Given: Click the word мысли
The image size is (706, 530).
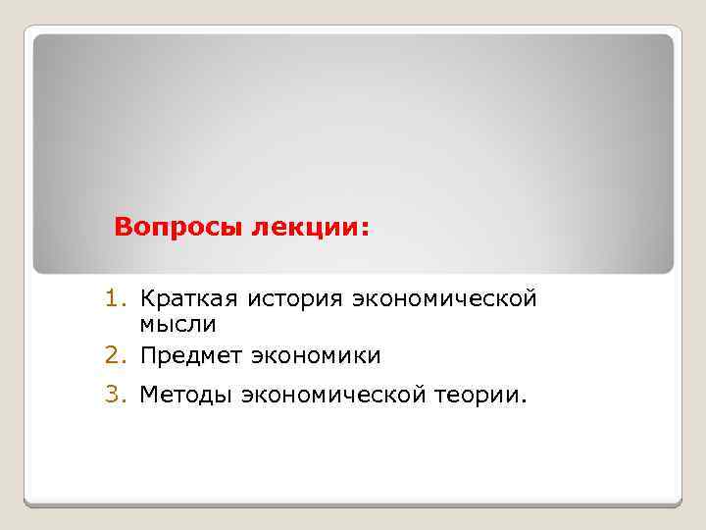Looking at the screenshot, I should click(177, 324).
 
